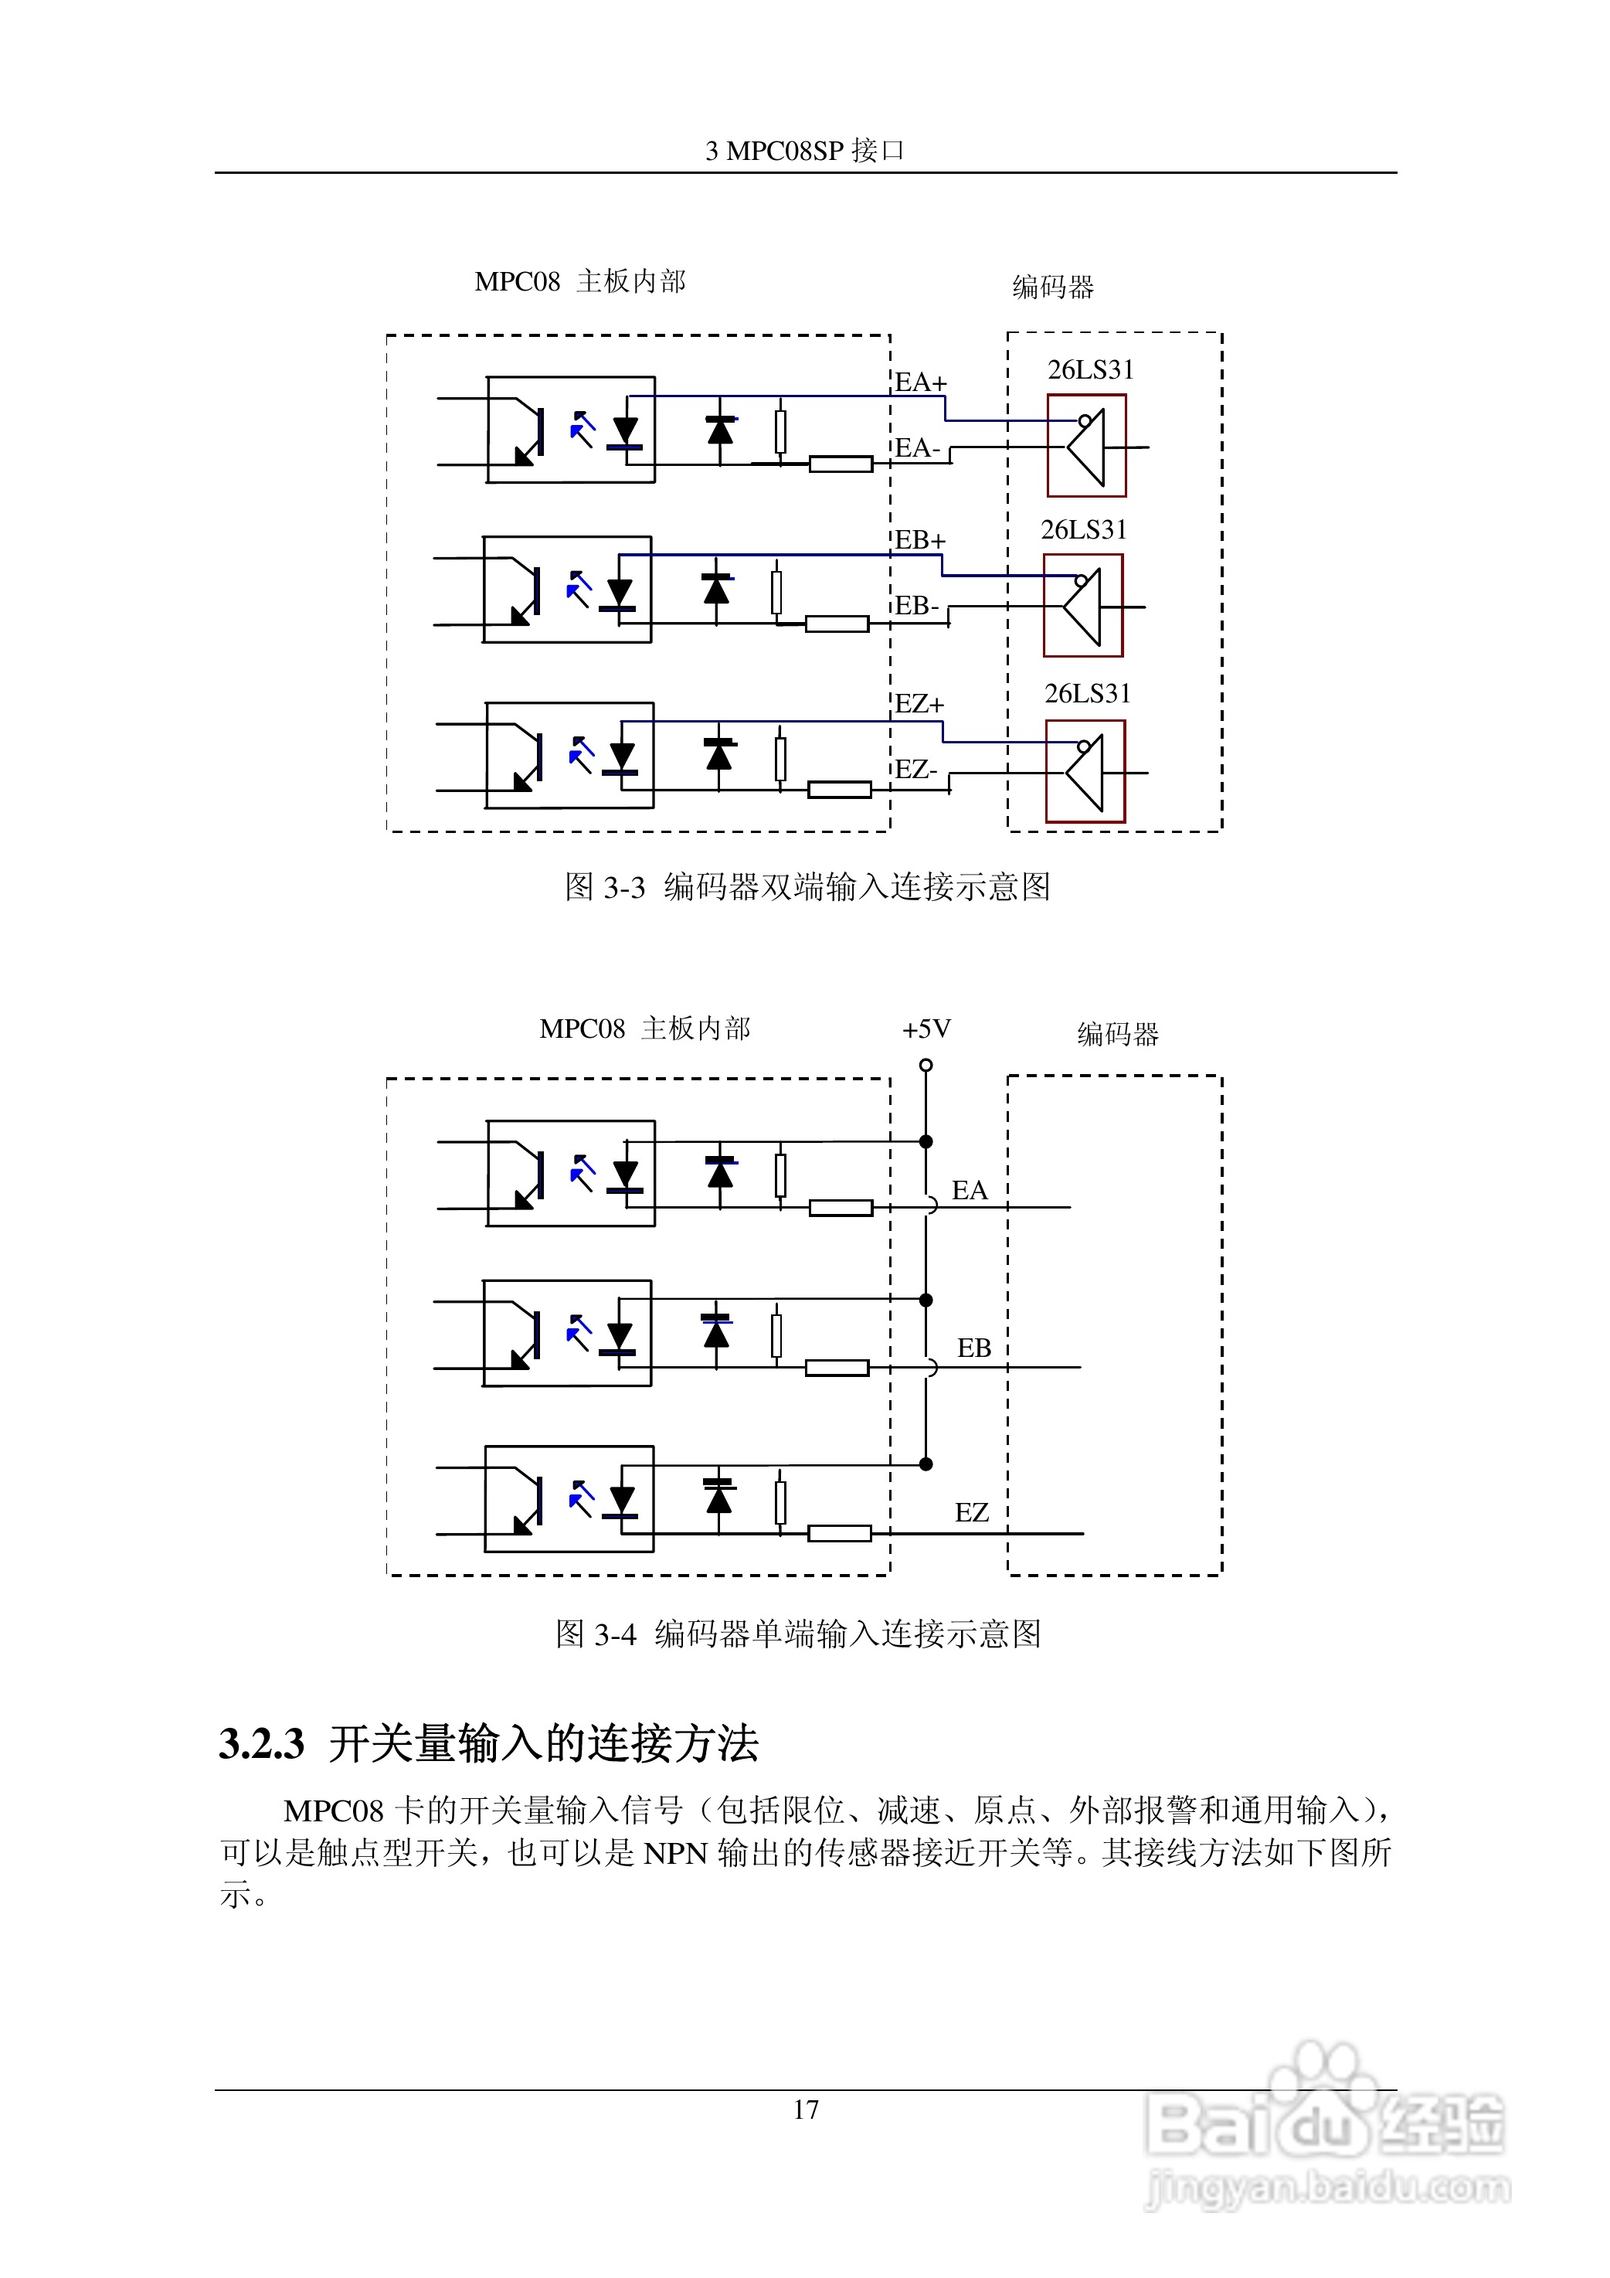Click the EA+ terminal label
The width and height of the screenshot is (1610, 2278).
tap(921, 383)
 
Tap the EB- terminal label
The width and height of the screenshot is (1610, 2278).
tap(916, 607)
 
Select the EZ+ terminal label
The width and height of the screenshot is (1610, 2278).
tap(919, 705)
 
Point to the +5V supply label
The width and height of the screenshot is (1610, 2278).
tap(926, 1028)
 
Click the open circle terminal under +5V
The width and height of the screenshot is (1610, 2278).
tap(926, 1066)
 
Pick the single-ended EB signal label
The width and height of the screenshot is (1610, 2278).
tap(973, 1348)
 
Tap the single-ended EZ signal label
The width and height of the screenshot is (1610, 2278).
tap(971, 1513)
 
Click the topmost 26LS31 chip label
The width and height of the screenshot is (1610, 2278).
tap(1090, 370)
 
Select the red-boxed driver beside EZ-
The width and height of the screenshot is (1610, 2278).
tap(1085, 772)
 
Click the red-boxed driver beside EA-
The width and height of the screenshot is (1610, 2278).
tap(1086, 446)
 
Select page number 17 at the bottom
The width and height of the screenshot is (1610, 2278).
tap(806, 2110)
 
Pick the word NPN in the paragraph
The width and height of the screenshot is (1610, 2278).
tap(674, 1853)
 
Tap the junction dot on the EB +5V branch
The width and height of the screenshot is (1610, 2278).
tap(926, 1300)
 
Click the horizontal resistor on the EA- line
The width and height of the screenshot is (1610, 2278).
tap(841, 464)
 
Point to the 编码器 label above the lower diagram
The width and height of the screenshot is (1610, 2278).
tap(1117, 1035)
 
